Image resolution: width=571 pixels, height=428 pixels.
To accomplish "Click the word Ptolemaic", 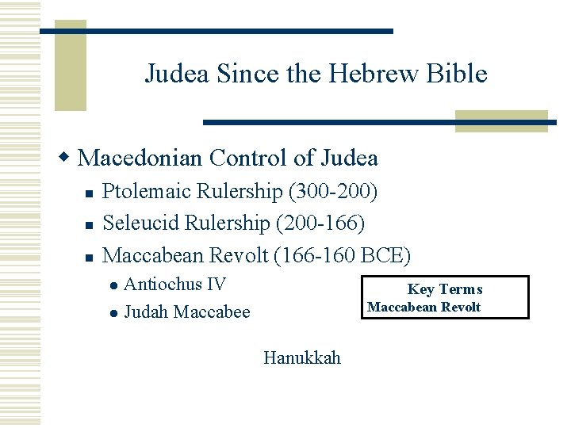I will point(148,193).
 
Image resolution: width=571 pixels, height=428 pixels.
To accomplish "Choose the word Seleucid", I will point(142,224).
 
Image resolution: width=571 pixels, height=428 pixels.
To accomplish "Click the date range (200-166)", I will point(320,224).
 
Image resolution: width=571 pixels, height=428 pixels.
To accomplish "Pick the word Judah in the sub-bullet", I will point(147,312).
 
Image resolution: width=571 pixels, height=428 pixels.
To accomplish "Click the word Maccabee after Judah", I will point(212,312).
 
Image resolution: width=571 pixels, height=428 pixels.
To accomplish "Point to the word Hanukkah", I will point(302,358).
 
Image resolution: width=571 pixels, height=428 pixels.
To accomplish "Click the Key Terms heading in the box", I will point(444,289).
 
